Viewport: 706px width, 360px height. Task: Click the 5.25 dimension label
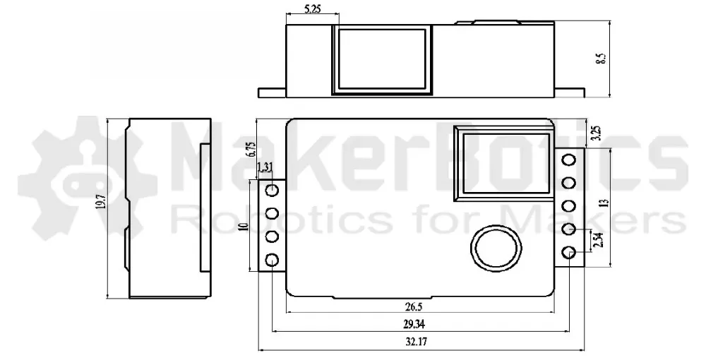click(x=313, y=8)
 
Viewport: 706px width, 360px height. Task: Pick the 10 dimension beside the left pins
click(x=244, y=226)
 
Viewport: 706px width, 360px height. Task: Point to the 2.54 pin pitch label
click(x=597, y=240)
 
